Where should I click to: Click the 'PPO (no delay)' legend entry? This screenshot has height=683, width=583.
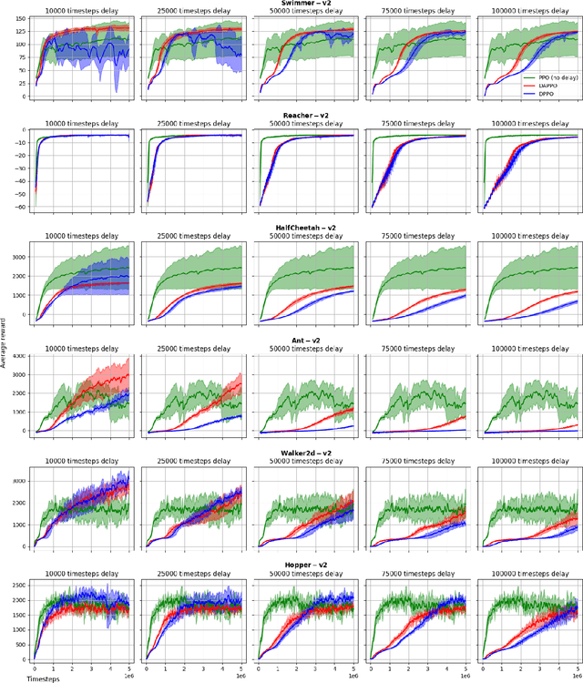click(552, 79)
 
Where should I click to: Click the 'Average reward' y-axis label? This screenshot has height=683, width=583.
click(5, 341)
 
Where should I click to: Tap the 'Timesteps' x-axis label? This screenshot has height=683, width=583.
click(42, 678)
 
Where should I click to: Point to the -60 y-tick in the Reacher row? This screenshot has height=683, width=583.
click(17, 207)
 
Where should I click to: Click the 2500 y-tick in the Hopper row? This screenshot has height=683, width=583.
click(15, 584)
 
